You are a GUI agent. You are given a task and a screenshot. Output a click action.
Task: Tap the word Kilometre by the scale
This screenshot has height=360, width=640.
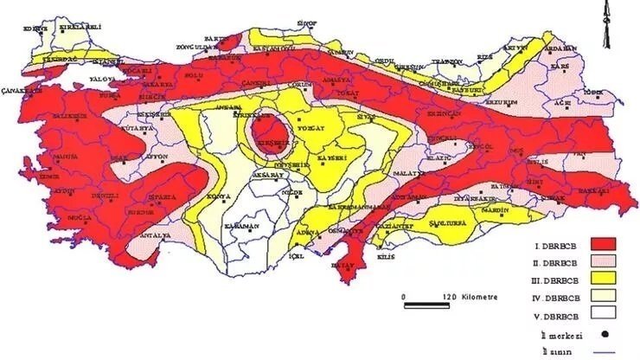click(x=477, y=296)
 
